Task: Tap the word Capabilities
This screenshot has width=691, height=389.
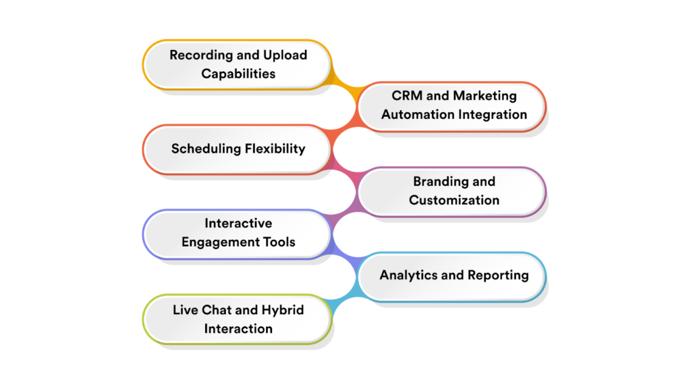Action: (x=238, y=74)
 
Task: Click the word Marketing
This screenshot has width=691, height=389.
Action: (x=485, y=96)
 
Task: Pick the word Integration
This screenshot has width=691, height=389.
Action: (x=493, y=114)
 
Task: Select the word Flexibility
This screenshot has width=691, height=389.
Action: (x=274, y=149)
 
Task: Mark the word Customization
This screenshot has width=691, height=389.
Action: (x=454, y=200)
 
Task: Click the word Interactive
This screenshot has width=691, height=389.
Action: (x=238, y=224)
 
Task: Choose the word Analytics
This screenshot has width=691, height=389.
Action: (x=408, y=275)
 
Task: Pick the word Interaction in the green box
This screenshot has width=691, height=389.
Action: (x=238, y=328)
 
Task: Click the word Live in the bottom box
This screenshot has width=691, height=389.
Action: (x=186, y=310)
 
